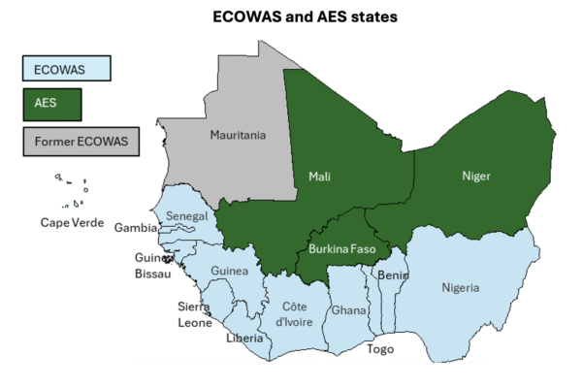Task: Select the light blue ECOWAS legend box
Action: [66, 68]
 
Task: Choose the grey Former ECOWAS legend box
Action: [81, 141]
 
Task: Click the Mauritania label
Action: [238, 135]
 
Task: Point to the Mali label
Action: [320, 177]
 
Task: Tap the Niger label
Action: [476, 177]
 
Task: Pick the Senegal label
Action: [185, 215]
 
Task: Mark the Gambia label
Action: [136, 229]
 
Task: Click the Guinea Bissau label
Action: [153, 266]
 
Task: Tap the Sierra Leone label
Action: [194, 314]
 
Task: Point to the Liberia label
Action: [243, 339]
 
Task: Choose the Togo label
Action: [380, 349]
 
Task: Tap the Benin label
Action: [393, 275]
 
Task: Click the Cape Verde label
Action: [72, 223]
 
